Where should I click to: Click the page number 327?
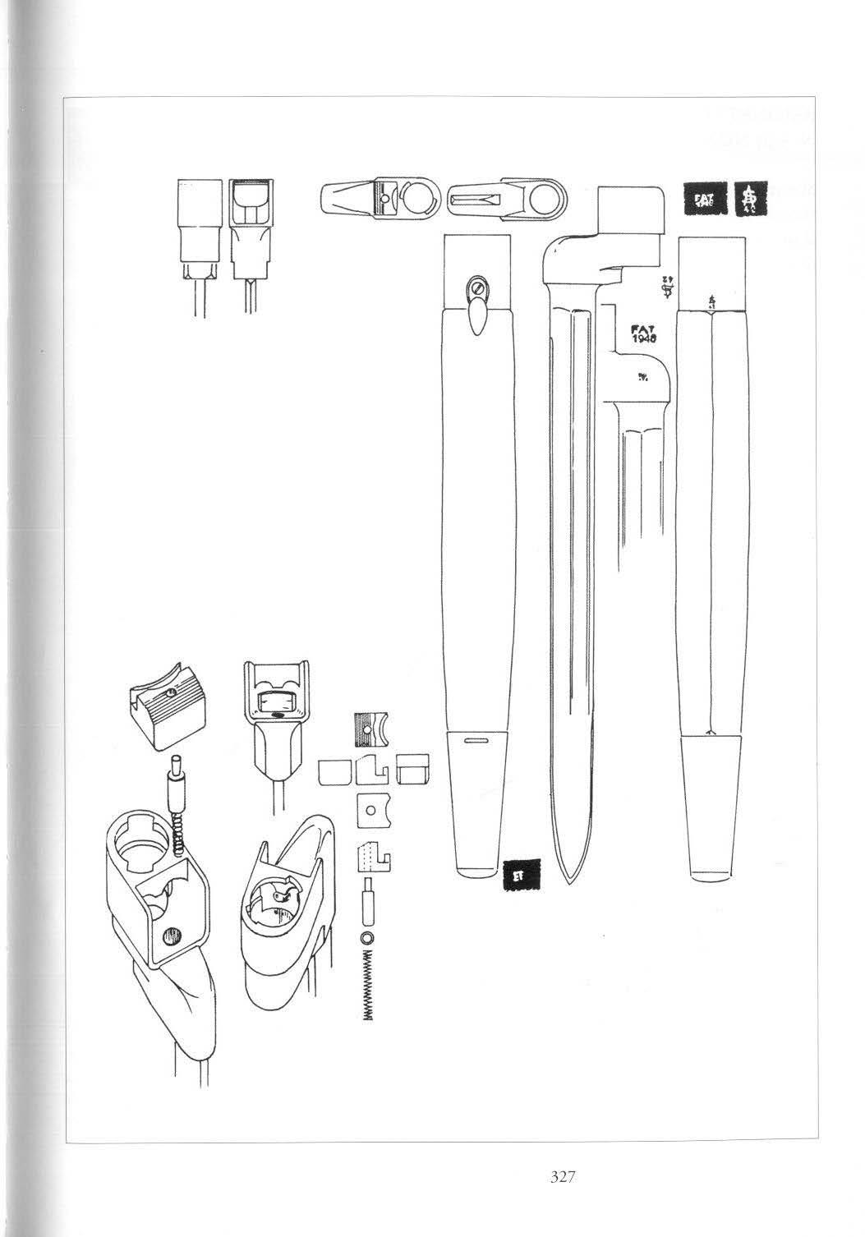562,1177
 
